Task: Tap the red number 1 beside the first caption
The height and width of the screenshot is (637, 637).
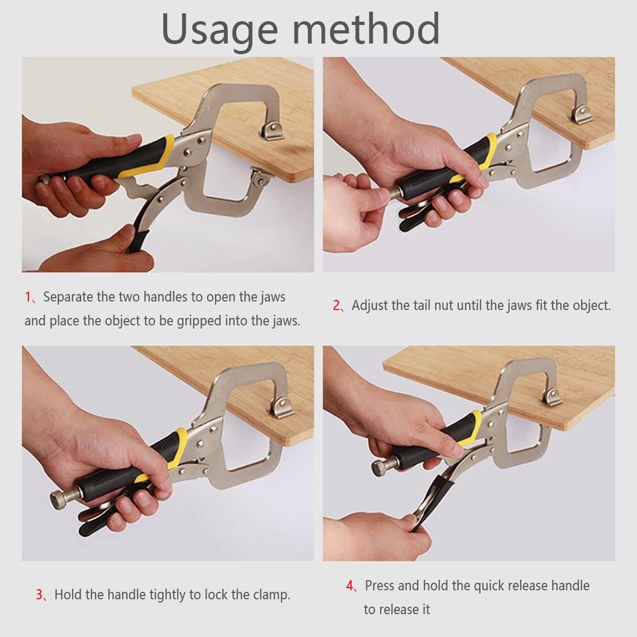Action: (x=28, y=297)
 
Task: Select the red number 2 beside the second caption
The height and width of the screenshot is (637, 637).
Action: (x=336, y=305)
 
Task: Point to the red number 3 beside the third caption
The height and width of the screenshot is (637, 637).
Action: (x=39, y=595)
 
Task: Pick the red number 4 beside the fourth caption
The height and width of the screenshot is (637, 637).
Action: (x=350, y=586)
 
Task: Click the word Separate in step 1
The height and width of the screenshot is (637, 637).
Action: (x=68, y=297)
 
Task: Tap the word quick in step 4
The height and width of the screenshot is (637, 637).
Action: (x=488, y=586)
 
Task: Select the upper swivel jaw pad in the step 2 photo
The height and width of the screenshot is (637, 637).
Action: (x=582, y=115)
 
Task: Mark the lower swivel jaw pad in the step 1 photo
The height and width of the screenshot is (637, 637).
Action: (x=262, y=177)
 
